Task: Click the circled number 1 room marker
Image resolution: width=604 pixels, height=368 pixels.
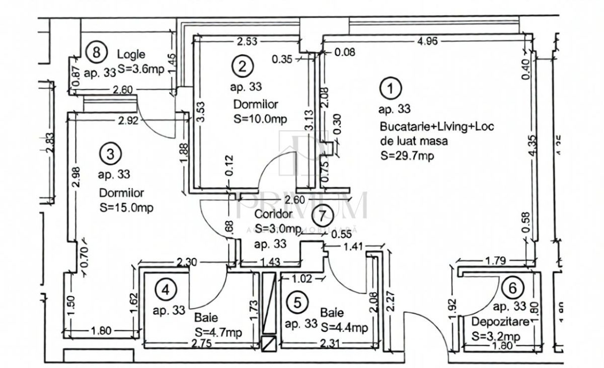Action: coord(390,89)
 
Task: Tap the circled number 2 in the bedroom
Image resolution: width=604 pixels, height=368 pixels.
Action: coord(243,65)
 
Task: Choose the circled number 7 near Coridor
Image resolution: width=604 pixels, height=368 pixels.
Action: coord(322,216)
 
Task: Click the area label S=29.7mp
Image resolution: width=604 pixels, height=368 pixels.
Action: coord(407,156)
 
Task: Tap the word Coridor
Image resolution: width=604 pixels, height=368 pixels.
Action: coord(273,214)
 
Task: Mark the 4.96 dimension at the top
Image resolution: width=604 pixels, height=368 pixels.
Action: coord(427,42)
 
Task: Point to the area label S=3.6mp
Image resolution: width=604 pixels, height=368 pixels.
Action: coord(141,69)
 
